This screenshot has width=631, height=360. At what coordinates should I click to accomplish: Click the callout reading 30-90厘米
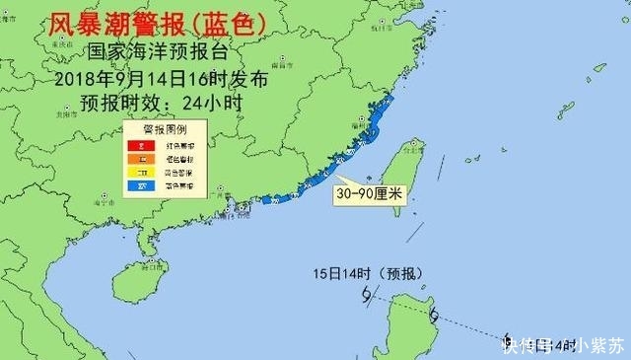[369, 195]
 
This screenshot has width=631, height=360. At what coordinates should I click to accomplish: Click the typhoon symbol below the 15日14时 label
[367, 295]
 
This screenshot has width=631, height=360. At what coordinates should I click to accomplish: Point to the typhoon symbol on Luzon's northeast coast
[434, 317]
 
